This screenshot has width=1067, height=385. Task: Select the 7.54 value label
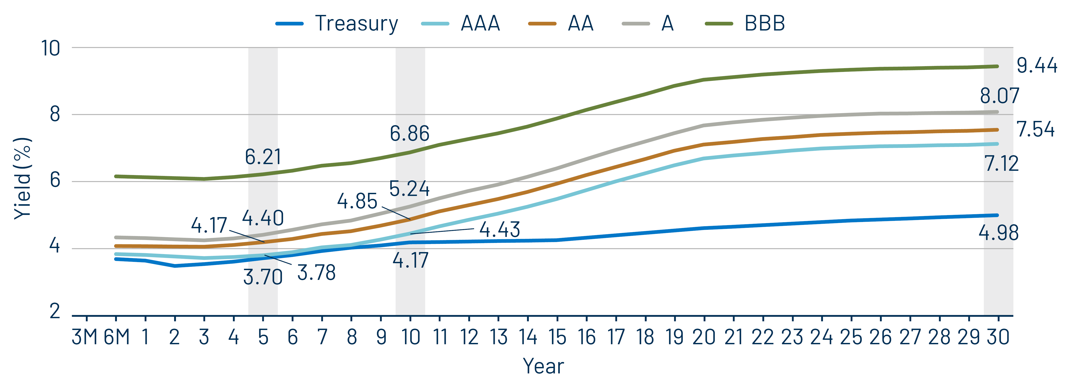tap(1036, 130)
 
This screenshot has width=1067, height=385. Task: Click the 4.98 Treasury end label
tap(998, 233)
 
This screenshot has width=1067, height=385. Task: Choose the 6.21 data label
tap(263, 157)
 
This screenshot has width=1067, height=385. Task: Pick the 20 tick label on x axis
tap(704, 337)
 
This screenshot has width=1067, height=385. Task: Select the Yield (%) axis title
tap(23, 178)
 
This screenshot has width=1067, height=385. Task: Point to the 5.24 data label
tap(409, 189)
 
